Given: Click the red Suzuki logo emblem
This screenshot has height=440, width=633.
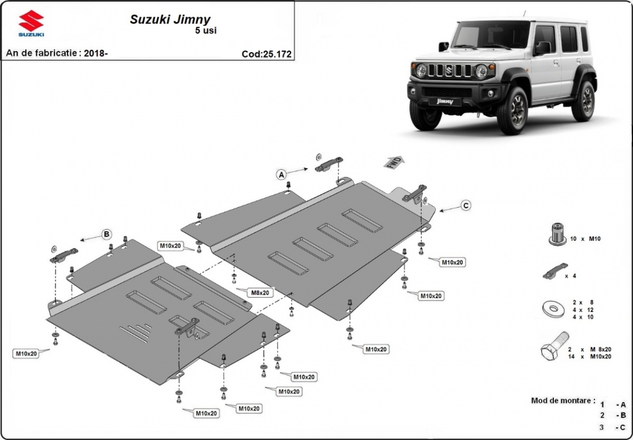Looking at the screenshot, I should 31,21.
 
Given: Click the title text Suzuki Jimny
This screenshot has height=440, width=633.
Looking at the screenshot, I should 170,19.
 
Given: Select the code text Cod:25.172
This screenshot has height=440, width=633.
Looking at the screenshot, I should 266,54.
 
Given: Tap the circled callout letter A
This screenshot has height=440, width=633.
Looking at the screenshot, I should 281,175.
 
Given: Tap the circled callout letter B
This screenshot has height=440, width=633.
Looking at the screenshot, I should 107,235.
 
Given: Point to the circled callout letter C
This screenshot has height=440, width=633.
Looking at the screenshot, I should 465,205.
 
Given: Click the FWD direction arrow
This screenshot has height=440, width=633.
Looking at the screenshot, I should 394,162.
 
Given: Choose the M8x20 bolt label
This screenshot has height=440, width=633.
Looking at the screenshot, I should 260,293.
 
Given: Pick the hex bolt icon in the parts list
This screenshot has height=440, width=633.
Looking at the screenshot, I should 554,347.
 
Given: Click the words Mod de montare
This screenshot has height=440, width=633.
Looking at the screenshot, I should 563,400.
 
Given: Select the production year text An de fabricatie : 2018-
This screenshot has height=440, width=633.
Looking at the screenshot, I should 57,53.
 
